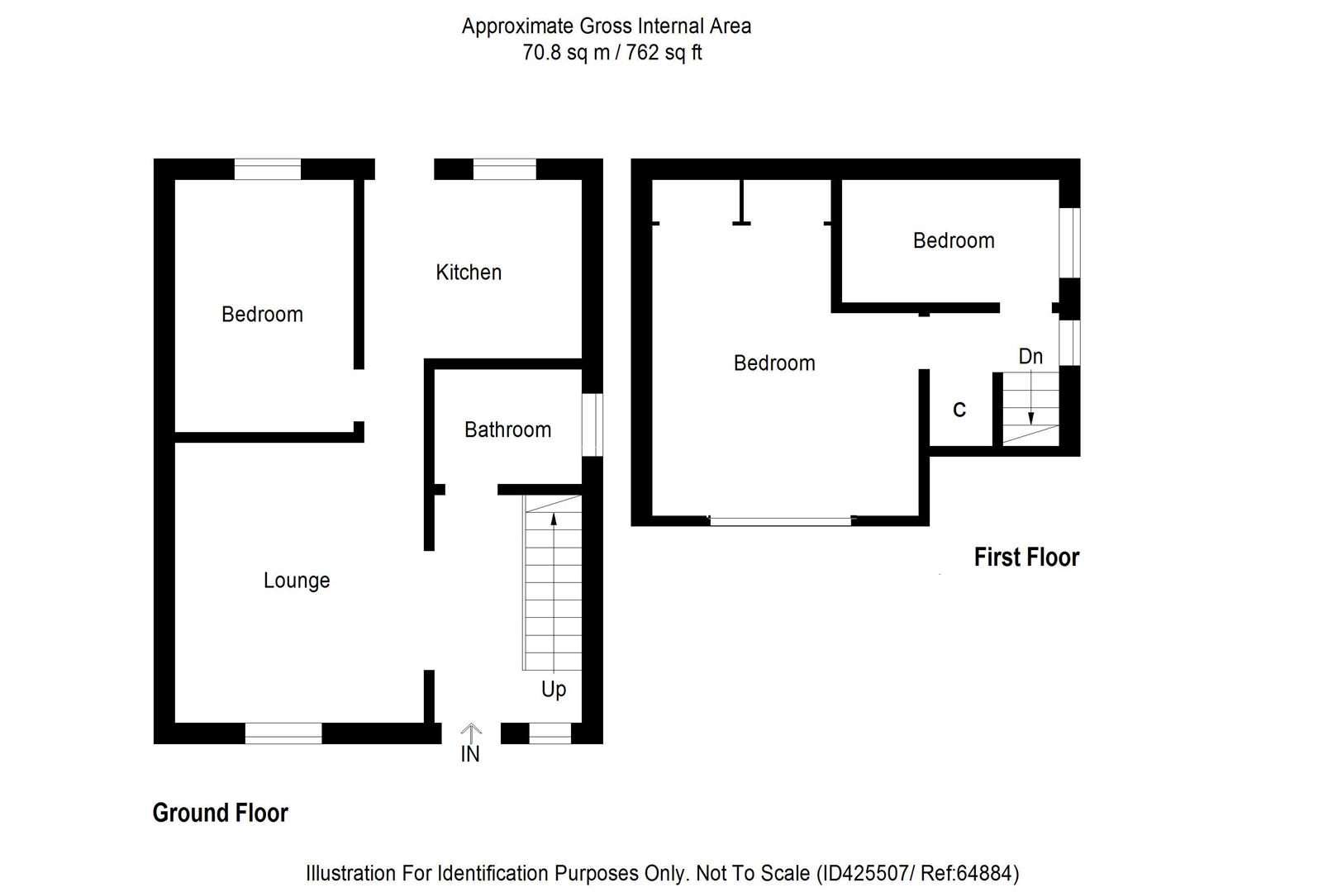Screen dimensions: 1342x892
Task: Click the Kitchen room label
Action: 469,273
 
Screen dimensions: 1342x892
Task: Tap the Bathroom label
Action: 507,429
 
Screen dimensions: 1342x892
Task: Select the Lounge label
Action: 297,581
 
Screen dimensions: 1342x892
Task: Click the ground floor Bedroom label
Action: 262,315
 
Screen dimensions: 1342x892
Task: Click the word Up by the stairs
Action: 554,689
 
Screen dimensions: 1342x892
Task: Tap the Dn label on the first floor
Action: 1030,357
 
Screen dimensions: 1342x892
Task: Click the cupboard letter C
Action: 959,410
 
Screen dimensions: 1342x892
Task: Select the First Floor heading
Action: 1026,557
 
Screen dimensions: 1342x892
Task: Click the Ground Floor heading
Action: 221,813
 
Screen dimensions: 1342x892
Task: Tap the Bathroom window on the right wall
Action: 592,425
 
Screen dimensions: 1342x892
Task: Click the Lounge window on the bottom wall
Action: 283,733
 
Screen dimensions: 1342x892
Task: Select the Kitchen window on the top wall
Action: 504,169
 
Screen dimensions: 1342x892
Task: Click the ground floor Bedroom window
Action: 267,169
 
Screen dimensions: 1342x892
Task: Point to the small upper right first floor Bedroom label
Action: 954,241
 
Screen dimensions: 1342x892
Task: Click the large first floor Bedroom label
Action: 774,363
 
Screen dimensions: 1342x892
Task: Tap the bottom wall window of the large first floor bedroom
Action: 780,520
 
